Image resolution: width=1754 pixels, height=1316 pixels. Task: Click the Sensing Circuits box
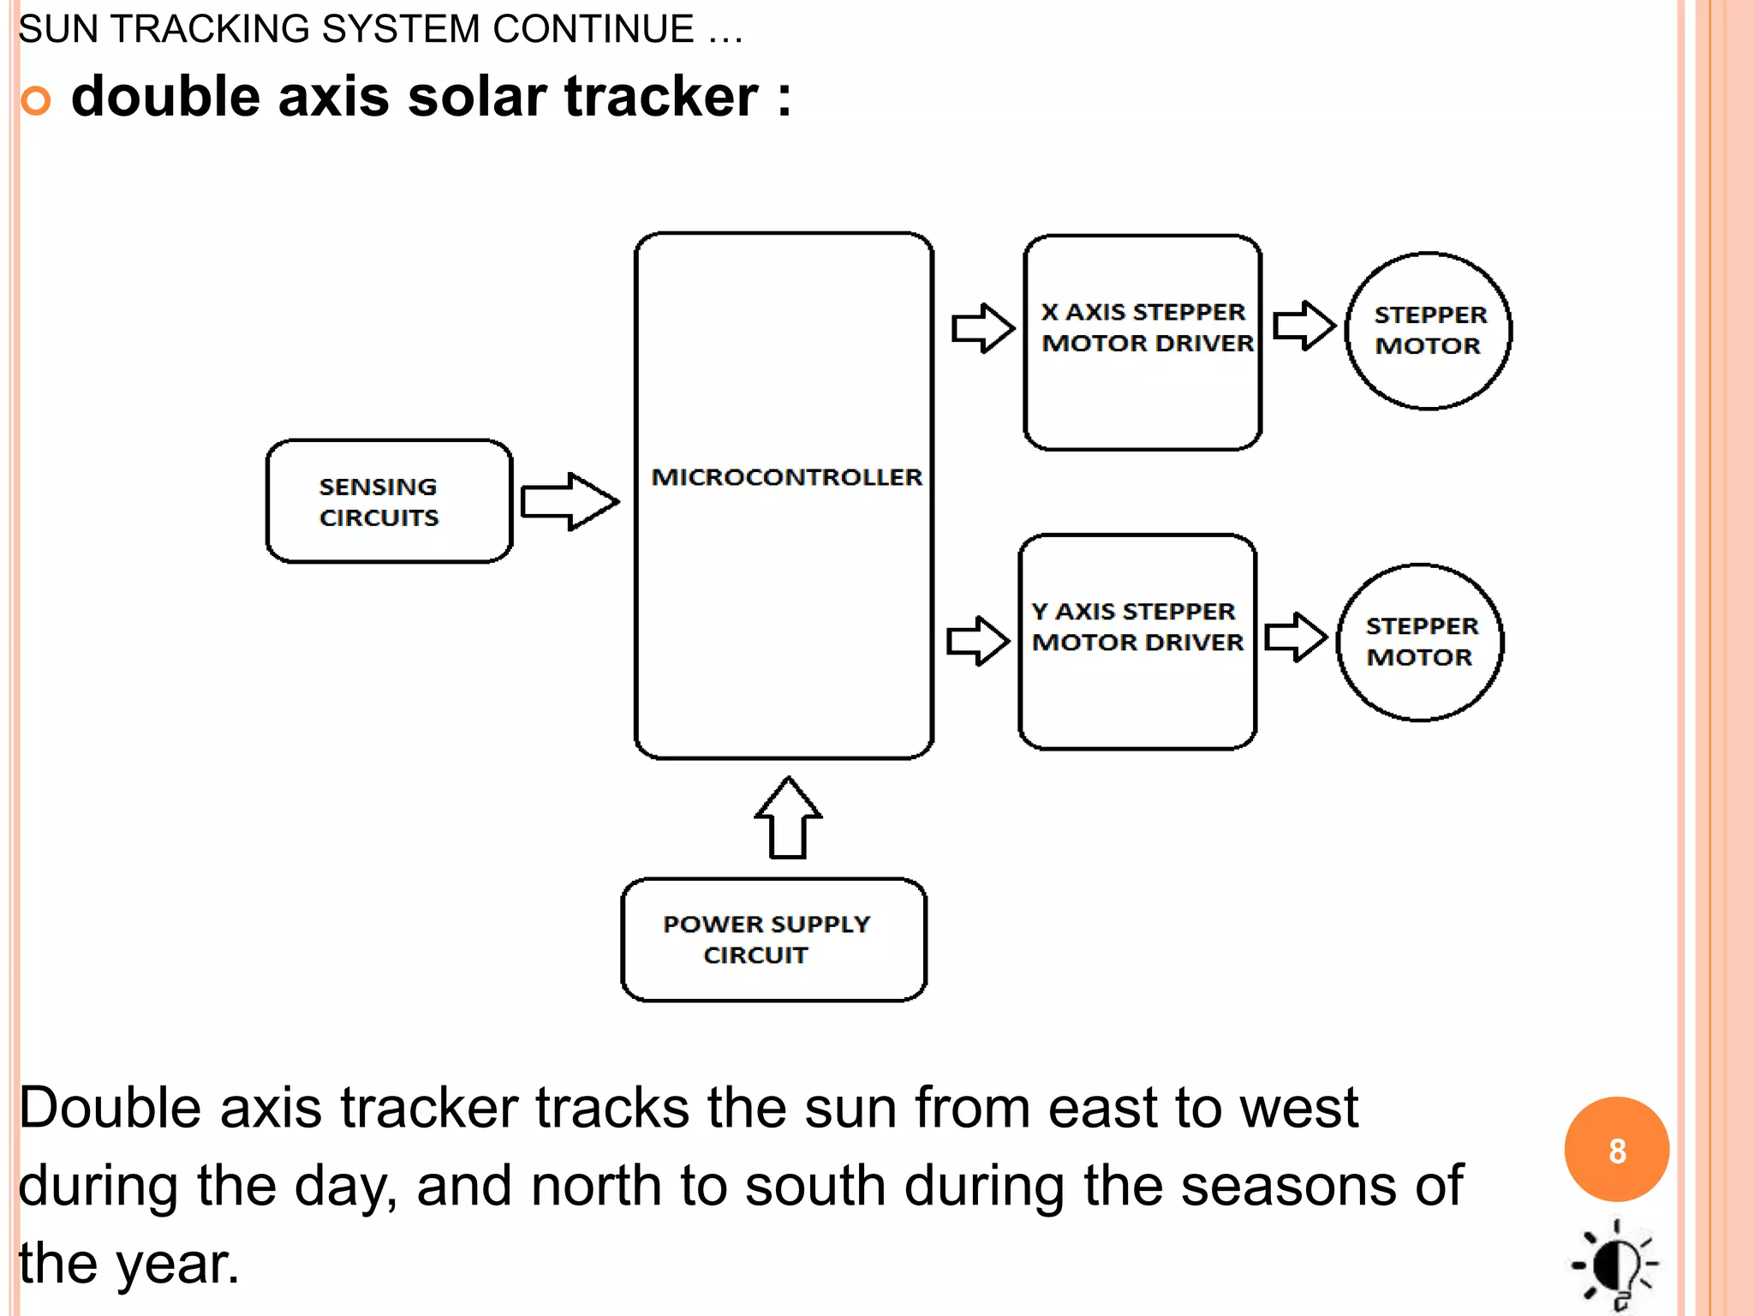pos(389,501)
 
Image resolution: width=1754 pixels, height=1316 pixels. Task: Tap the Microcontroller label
pos(786,477)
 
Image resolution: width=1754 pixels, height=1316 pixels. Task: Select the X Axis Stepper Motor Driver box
pos(1142,343)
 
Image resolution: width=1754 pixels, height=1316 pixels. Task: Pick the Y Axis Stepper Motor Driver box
pos(1137,642)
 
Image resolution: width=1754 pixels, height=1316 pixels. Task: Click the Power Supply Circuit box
pos(773,939)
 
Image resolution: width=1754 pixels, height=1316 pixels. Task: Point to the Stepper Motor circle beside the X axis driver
pos(1429,331)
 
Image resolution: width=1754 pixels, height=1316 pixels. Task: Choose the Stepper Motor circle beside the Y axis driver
pos(1420,643)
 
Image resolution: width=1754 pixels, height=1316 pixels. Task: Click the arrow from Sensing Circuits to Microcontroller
pos(570,501)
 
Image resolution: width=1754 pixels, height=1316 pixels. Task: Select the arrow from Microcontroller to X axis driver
pos(983,327)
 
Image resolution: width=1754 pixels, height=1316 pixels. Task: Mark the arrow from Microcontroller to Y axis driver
pos(978,641)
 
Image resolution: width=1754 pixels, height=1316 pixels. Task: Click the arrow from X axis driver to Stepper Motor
pos(1304,326)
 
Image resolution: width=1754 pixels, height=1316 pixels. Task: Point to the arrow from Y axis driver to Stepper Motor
pos(1296,637)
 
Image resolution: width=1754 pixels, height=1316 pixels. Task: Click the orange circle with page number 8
pos(1616,1150)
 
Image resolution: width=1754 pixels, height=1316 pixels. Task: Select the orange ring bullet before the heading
pos(36,101)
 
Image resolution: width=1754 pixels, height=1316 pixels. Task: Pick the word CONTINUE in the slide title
pos(593,29)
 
